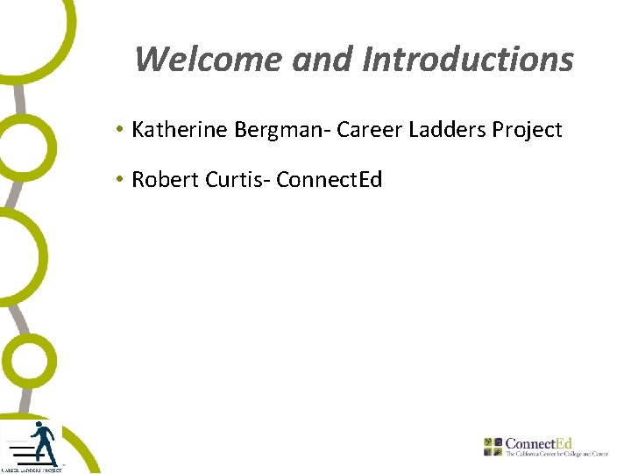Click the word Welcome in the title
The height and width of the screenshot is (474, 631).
(209, 60)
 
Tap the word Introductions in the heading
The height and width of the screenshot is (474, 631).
(468, 60)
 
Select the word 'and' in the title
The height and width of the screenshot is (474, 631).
(323, 60)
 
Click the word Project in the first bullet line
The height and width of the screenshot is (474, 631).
(527, 131)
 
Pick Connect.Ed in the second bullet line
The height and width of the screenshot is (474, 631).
(330, 180)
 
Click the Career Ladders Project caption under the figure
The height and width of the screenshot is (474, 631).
(32, 470)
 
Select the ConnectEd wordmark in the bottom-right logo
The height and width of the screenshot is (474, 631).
(539, 444)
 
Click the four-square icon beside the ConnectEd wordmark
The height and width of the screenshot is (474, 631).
(493, 446)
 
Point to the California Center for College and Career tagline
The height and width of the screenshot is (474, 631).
(556, 455)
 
